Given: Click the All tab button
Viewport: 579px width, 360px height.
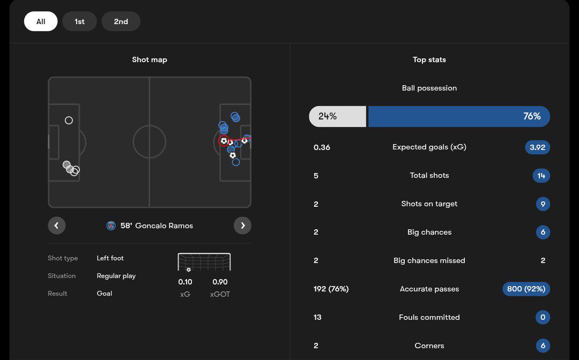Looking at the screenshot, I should click(x=41, y=21).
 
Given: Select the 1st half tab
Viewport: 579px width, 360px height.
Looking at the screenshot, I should click(x=79, y=21).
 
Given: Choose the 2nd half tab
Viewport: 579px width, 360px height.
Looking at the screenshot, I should click(x=121, y=21).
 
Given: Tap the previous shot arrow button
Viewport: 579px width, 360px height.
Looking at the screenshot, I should click(x=57, y=226).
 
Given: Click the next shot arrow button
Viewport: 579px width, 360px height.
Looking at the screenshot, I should click(x=242, y=226).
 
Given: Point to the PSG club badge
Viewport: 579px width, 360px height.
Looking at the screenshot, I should click(x=111, y=226).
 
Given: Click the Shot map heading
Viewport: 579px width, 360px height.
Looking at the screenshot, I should click(x=150, y=59).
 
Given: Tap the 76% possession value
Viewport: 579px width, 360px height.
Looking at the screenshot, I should click(x=532, y=116).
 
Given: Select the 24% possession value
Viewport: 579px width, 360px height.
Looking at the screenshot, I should click(x=328, y=116).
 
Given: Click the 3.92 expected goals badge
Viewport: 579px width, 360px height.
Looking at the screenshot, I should click(x=537, y=147).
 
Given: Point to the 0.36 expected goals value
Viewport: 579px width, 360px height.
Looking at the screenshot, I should click(x=322, y=147).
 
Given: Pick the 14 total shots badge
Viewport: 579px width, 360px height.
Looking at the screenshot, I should click(x=541, y=176).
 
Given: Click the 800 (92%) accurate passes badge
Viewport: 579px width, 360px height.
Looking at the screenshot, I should click(x=526, y=289).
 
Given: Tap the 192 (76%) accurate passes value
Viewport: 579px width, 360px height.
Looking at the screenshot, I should click(x=331, y=289).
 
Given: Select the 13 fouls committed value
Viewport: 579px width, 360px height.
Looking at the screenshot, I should click(x=317, y=317).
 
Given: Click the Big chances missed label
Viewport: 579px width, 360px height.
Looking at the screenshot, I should click(x=429, y=260).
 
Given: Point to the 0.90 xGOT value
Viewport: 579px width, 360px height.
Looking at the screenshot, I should click(x=220, y=282).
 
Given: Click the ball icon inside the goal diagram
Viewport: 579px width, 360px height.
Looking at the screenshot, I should click(x=189, y=269).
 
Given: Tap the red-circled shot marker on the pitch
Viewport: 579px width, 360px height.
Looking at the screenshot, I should click(x=224, y=141).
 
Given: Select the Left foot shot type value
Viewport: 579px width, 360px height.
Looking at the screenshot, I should click(x=110, y=258).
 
